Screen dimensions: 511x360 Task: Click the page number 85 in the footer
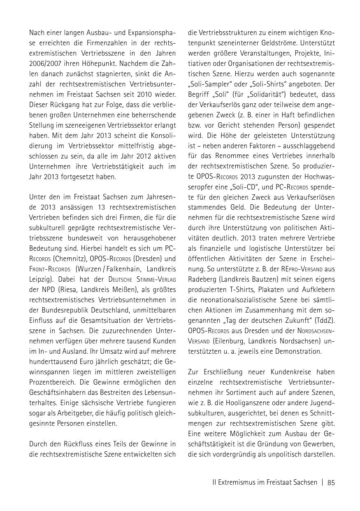tap(331, 483)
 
